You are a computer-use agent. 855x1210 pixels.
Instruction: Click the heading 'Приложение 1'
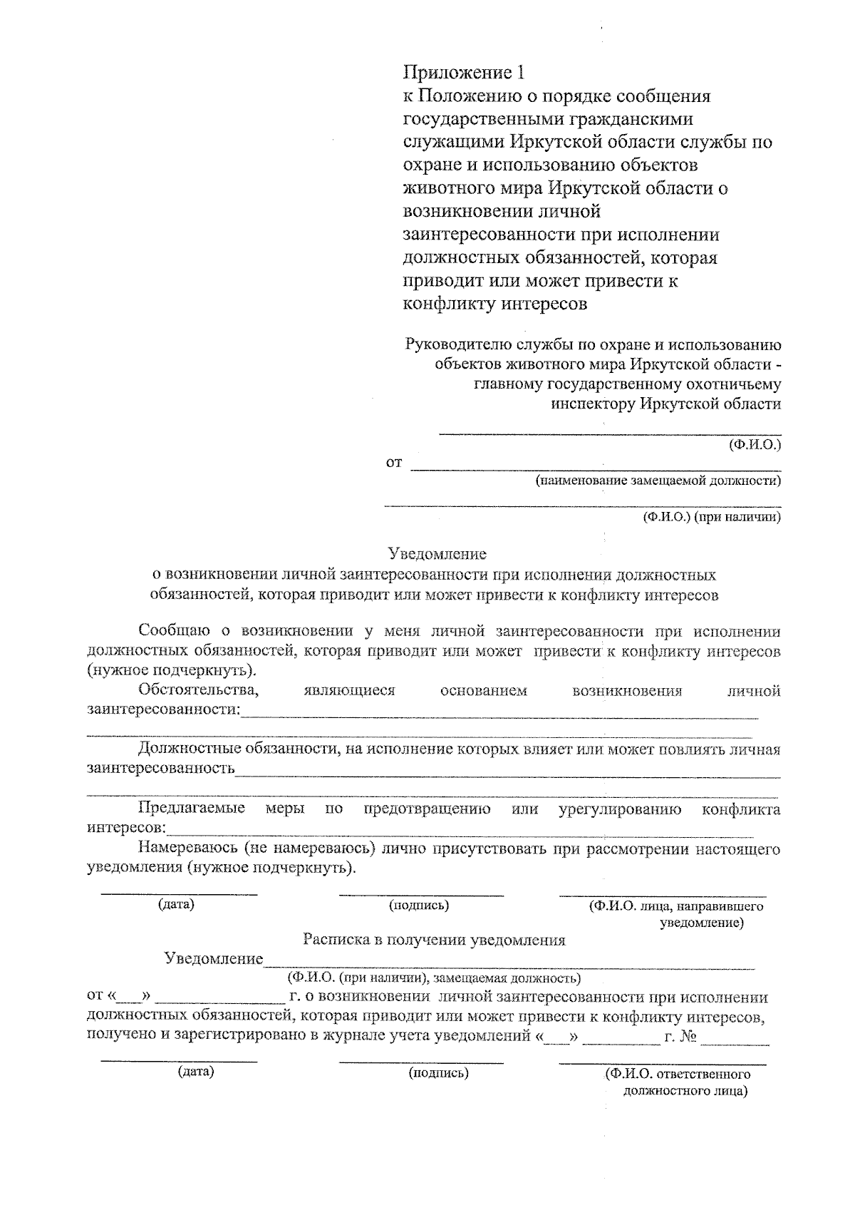coord(467,73)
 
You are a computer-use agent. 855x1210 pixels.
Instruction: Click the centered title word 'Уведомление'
coord(437,554)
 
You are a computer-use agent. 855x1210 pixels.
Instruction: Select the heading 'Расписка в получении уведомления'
coord(434,940)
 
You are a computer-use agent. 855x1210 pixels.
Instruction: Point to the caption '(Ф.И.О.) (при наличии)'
coord(711,517)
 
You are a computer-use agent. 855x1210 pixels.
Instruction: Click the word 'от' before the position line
coord(394,463)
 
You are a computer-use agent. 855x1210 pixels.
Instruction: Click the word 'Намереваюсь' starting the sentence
coord(187,849)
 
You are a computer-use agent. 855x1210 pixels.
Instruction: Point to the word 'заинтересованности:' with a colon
coord(163,709)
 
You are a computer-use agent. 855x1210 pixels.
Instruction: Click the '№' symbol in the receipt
coord(687,1036)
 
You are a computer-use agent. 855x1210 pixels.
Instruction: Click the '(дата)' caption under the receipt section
coord(196,1072)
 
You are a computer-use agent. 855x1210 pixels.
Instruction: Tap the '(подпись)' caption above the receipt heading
coord(418,906)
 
